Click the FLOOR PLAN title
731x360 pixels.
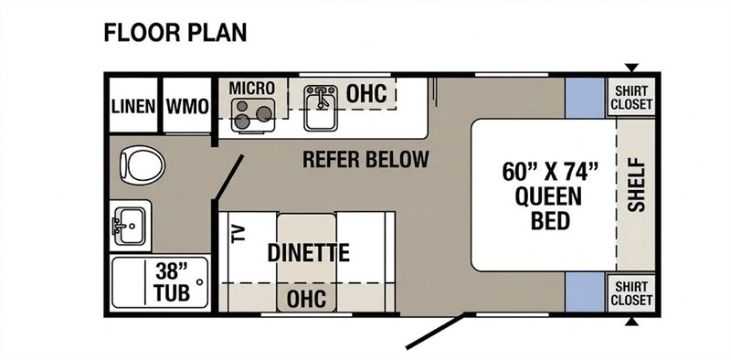[x=175, y=34]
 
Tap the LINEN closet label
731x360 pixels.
[x=133, y=107]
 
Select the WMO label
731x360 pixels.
[x=187, y=107]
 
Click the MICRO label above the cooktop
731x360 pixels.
[x=252, y=88]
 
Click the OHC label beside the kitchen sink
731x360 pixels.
[x=366, y=94]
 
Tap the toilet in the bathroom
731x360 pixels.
[x=143, y=165]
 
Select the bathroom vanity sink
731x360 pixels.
[x=129, y=226]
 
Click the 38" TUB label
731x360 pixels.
[x=172, y=281]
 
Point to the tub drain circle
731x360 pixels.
[x=200, y=282]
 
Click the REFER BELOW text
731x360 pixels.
[x=365, y=160]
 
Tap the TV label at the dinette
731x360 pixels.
[x=238, y=234]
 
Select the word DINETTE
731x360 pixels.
[x=309, y=253]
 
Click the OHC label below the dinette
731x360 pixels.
[x=306, y=299]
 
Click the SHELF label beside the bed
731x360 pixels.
[x=636, y=185]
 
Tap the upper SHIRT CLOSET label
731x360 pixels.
[x=631, y=98]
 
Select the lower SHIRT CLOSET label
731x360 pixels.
[x=631, y=293]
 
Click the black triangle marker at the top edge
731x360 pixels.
[x=631, y=68]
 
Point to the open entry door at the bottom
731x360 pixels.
[x=436, y=331]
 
